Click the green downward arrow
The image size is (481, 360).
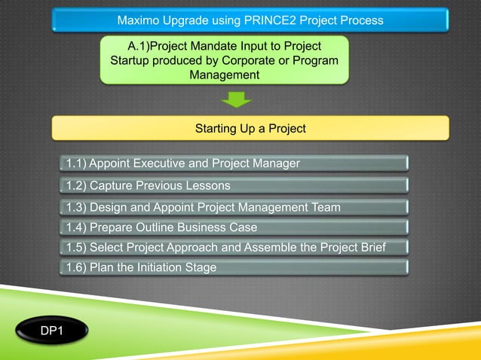click(236, 99)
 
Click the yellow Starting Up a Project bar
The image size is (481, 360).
click(250, 129)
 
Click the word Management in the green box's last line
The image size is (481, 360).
click(225, 75)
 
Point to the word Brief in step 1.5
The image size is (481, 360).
click(370, 247)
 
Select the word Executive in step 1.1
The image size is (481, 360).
click(161, 163)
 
